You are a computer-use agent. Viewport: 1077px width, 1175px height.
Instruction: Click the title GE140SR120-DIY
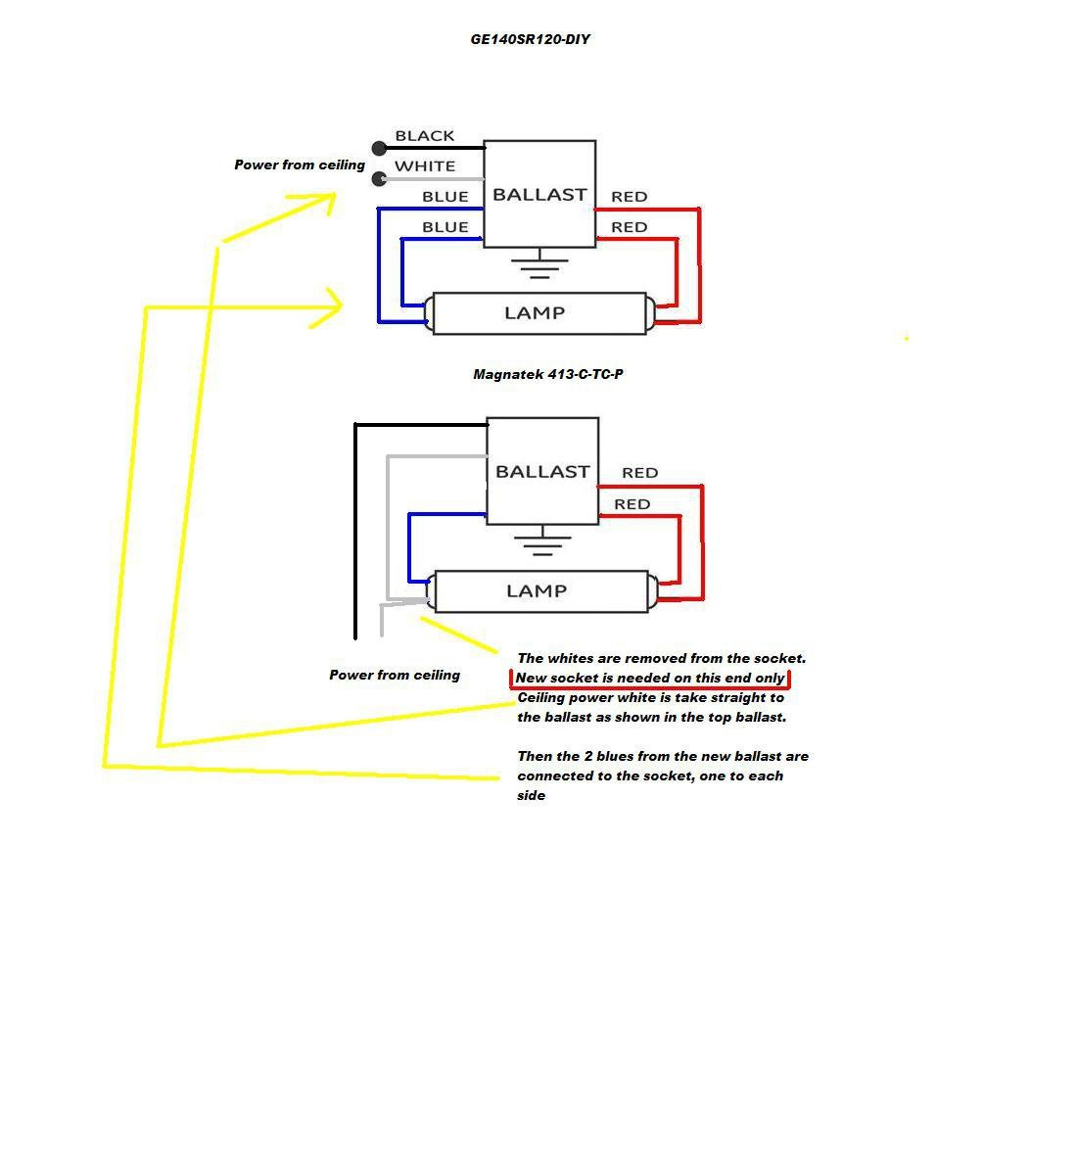[530, 40]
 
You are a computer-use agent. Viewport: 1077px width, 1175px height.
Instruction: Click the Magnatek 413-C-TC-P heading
[547, 374]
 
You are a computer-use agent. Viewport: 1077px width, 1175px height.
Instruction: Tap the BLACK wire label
[425, 136]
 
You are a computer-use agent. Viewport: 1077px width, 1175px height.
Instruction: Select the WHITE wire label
[425, 166]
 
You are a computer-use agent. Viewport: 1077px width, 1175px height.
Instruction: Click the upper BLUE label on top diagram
[445, 197]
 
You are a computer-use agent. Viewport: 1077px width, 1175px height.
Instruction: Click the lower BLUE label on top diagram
[445, 227]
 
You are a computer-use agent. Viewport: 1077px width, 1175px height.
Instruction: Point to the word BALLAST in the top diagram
[539, 195]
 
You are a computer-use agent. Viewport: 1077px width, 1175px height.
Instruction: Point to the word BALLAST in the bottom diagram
[542, 472]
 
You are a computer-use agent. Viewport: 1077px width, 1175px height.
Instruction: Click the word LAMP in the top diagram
[535, 313]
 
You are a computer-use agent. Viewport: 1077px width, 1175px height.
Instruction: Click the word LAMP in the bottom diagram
[537, 591]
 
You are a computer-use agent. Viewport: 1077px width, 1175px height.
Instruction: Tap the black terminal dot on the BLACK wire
[379, 149]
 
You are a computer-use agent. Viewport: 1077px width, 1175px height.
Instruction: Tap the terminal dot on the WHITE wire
[379, 179]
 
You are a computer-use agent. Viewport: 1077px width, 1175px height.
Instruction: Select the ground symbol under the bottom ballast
[542, 542]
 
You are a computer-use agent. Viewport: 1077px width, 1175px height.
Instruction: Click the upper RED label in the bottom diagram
[639, 473]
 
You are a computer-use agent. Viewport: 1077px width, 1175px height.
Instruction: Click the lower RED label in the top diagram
[629, 227]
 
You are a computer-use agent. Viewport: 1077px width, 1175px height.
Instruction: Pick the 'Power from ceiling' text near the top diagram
[300, 164]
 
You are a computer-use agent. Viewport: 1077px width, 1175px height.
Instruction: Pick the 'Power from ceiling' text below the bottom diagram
[395, 675]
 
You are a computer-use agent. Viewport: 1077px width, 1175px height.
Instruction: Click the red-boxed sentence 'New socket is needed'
[650, 679]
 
